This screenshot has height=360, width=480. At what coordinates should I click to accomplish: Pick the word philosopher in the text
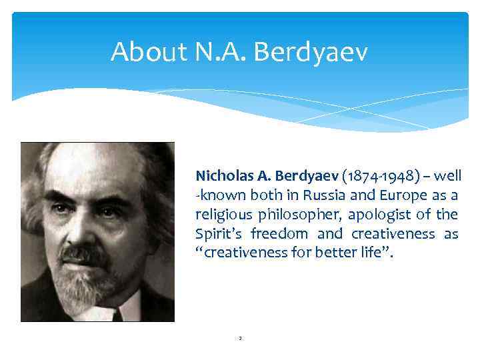pos(296,215)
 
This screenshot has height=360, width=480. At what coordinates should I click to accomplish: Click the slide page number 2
pos(240,339)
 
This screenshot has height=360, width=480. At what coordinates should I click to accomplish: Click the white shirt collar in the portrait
pos(127,308)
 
